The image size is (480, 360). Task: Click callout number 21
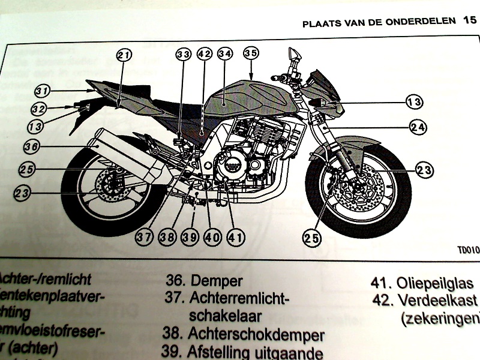pos(124,56)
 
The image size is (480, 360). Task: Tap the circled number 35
pos(251,53)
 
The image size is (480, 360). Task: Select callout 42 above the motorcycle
pos(205,54)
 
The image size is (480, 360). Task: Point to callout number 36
pos(32,145)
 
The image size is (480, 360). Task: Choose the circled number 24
pos(418,127)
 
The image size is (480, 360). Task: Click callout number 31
pos(41,91)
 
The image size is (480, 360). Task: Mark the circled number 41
pos(235,237)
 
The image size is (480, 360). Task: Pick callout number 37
pos(144,237)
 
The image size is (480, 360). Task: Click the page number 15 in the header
pos(469,22)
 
